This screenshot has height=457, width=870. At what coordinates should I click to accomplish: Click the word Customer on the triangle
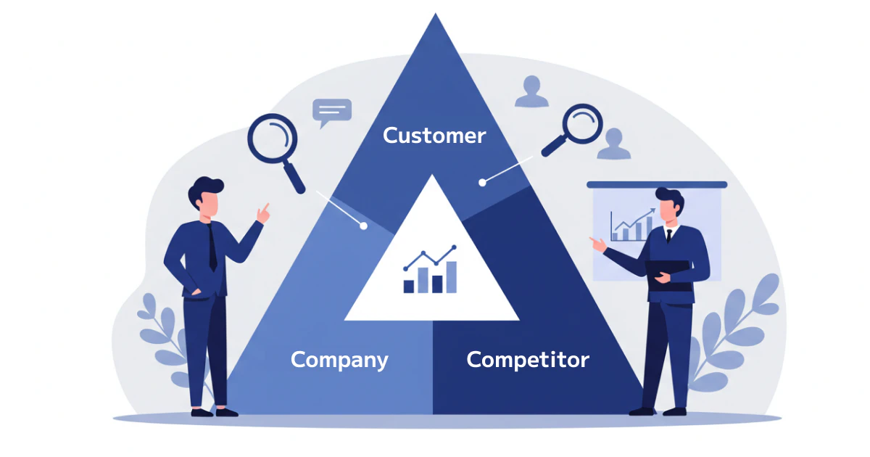click(x=434, y=136)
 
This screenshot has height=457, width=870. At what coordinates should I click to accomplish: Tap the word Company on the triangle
click(x=339, y=361)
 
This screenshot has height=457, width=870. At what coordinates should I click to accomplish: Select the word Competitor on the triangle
click(x=528, y=360)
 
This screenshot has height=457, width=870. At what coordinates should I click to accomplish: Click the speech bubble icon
click(x=332, y=112)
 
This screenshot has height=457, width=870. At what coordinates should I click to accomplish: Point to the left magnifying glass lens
click(x=273, y=139)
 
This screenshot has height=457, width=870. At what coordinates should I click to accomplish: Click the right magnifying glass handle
click(x=554, y=145)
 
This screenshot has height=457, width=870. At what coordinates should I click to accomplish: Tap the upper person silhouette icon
click(x=531, y=91)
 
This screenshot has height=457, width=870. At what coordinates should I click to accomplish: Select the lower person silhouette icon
click(x=613, y=144)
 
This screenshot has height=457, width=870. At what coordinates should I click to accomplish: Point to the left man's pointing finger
click(x=265, y=207)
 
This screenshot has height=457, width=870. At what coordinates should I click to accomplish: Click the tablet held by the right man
click(x=668, y=276)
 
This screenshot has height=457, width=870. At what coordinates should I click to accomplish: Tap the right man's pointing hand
click(x=598, y=244)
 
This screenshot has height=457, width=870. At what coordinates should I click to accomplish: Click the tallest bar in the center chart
click(x=451, y=277)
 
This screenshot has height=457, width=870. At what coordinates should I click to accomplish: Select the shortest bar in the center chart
click(x=409, y=287)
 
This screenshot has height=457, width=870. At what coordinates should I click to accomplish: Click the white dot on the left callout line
click(x=363, y=226)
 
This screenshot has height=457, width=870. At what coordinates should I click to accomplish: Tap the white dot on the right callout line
click(x=482, y=182)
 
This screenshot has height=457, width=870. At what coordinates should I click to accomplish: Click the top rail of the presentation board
click(x=657, y=184)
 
